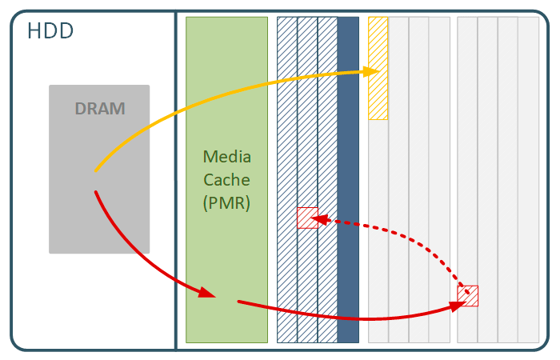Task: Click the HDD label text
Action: [x=50, y=32]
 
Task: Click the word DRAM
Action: [x=100, y=109]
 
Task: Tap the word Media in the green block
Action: [x=226, y=155]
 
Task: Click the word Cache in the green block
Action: [x=226, y=179]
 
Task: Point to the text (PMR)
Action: [x=226, y=203]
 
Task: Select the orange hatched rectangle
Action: [x=378, y=96]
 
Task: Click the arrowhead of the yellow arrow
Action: [x=373, y=72]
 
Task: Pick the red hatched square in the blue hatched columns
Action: [x=307, y=218]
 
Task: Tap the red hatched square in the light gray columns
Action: [x=468, y=295]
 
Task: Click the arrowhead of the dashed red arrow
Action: [x=315, y=218]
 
